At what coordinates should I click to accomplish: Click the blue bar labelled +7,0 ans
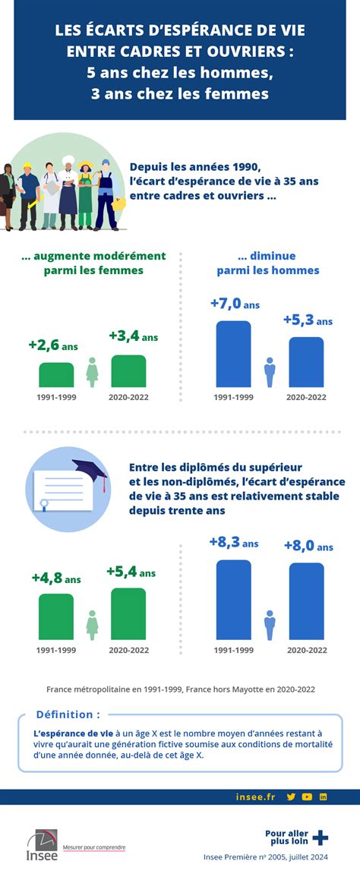pyautogui.click(x=233, y=354)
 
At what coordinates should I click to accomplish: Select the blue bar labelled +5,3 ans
pyautogui.click(x=306, y=362)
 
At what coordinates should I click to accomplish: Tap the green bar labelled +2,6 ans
pyautogui.click(x=56, y=375)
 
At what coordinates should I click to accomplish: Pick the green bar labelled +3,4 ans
pyautogui.click(x=128, y=371)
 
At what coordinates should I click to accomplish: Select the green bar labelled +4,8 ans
pyautogui.click(x=56, y=616)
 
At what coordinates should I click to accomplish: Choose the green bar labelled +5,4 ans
pyautogui.click(x=128, y=613)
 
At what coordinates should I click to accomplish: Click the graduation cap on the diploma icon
pyautogui.click(x=89, y=469)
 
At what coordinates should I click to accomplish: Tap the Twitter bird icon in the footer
pyautogui.click(x=291, y=796)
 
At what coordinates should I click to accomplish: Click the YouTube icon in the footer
pyautogui.click(x=307, y=796)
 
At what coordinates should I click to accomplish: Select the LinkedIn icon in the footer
pyautogui.click(x=323, y=796)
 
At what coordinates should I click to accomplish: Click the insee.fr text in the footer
pyautogui.click(x=255, y=796)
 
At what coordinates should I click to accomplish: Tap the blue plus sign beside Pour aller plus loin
pyautogui.click(x=321, y=837)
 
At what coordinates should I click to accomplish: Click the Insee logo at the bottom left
pyautogui.click(x=41, y=846)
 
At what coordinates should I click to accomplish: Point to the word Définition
pyautogui.click(x=68, y=714)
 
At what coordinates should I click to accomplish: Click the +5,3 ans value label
pyautogui.click(x=308, y=320)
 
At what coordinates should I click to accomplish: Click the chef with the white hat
pyautogui.click(x=68, y=190)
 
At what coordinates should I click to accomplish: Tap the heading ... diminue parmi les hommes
pyautogui.click(x=267, y=263)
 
